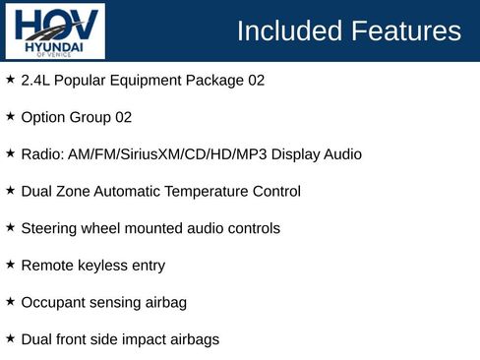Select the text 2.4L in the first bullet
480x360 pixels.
pos(36,81)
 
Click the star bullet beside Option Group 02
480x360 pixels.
pos(10,116)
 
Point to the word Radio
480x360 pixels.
pos(40,154)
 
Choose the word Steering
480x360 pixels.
pos(49,228)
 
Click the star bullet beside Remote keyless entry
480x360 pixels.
pos(10,265)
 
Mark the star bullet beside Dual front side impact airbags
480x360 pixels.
pos(10,338)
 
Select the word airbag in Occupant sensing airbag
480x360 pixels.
pos(163,303)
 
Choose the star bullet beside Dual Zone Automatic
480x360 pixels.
pos(10,190)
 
